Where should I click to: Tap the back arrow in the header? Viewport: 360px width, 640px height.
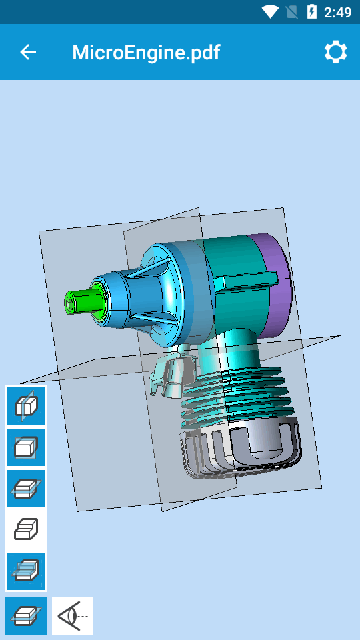pos(28,52)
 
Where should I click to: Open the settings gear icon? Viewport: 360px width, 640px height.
pos(335,52)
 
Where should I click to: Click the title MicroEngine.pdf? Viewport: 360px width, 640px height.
pos(146,52)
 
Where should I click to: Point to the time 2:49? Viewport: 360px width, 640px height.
pos(338,12)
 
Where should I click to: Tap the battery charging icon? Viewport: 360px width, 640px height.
pos(311,12)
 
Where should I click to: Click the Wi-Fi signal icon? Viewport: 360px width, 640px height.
pos(270,12)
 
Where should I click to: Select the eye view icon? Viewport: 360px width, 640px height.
pos(73,616)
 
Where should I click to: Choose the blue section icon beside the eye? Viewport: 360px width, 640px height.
pos(26,616)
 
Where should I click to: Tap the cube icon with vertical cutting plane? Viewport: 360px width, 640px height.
pos(26,405)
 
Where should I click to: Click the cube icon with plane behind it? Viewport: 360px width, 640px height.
pos(26,447)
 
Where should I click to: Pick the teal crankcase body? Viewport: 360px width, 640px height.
pos(233,267)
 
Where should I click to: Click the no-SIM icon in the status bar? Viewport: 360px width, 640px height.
pos(291,12)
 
